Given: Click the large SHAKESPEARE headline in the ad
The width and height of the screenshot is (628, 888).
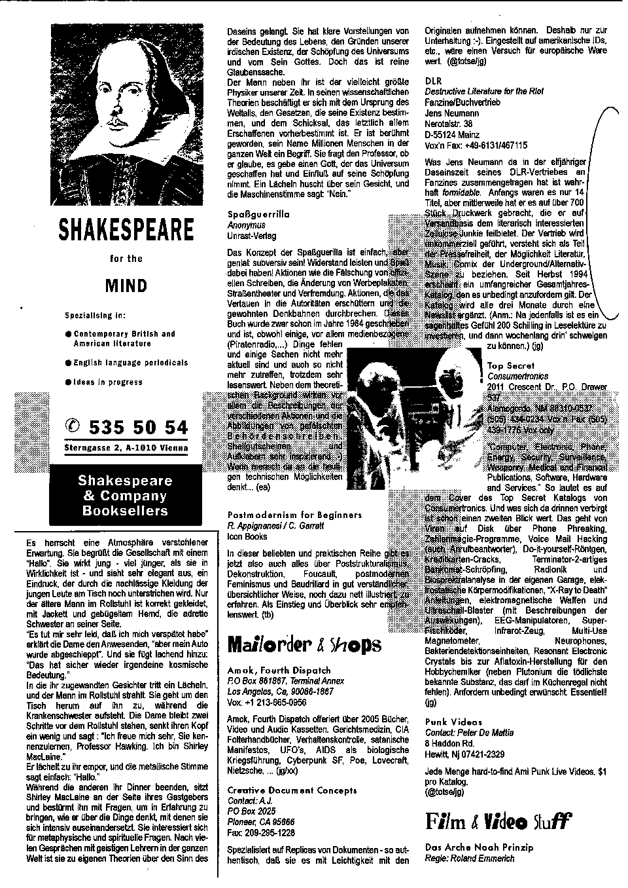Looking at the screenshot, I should [x=127, y=229].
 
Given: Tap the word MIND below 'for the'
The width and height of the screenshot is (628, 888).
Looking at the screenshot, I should [x=126, y=286].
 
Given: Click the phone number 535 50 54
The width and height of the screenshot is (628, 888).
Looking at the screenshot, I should [x=137, y=428].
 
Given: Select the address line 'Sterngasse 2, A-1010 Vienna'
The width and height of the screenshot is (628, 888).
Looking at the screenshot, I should [x=126, y=448].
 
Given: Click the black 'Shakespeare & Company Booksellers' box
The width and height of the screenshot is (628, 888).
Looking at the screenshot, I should [x=124, y=496].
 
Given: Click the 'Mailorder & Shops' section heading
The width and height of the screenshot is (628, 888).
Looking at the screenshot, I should [x=304, y=644].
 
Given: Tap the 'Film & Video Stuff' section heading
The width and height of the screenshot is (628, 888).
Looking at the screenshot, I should [x=498, y=820].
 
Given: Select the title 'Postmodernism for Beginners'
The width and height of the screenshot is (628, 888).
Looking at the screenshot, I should [x=294, y=515].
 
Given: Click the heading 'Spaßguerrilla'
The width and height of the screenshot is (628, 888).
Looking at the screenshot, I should [x=258, y=214].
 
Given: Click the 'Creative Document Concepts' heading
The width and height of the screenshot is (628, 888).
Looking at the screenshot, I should [x=288, y=790].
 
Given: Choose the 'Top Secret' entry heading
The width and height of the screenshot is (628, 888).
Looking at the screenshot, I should [x=511, y=365].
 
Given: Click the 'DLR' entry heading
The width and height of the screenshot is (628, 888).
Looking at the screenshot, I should [x=433, y=81].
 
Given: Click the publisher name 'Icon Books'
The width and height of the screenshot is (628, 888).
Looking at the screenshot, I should [x=247, y=536].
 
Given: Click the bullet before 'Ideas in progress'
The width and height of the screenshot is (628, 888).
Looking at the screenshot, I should [x=68, y=382].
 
